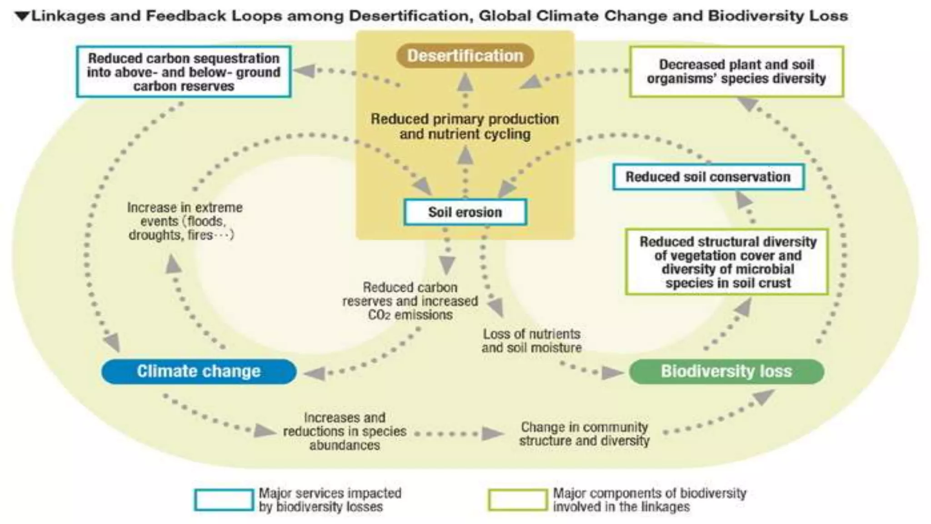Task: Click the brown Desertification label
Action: [x=465, y=56]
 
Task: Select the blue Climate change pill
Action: [x=199, y=372]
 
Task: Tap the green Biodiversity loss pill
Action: [x=726, y=372]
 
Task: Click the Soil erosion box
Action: [x=465, y=212]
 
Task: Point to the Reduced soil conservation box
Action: [x=708, y=177]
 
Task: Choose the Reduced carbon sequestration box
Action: [x=184, y=72]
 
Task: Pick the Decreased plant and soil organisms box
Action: [x=736, y=72]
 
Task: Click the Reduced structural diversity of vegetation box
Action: [x=727, y=262]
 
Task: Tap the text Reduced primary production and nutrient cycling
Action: [x=465, y=126]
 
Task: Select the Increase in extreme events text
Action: [x=184, y=222]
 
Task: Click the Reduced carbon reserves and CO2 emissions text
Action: [x=410, y=301]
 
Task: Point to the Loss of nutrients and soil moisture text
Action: [x=531, y=341]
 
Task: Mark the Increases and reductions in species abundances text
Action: [x=345, y=431]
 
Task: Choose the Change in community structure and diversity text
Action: [x=584, y=434]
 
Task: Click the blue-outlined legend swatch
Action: [x=224, y=500]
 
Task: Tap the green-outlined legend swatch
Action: [x=518, y=500]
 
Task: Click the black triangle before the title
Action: [x=22, y=16]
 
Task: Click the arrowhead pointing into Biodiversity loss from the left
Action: [x=612, y=373]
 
